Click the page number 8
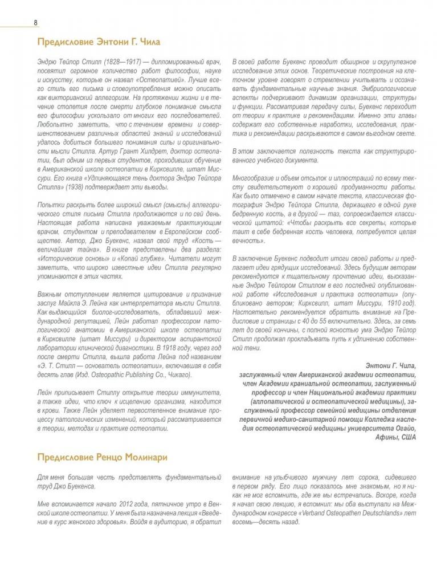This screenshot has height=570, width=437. (x=35, y=22)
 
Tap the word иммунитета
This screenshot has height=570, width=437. (x=191, y=393)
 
